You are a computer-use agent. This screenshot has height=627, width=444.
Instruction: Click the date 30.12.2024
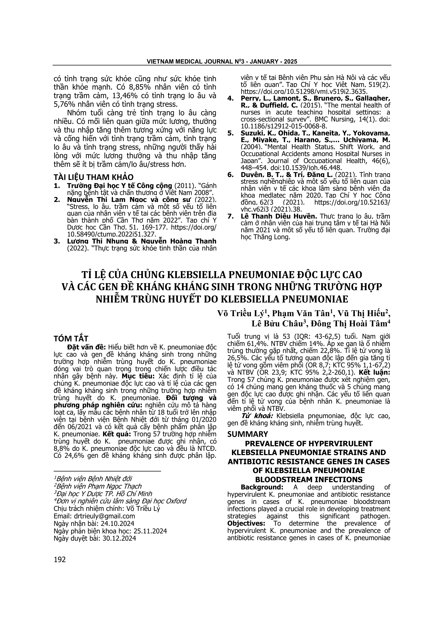click(119, 538)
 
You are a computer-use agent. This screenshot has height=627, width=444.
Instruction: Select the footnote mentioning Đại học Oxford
click(120, 501)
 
